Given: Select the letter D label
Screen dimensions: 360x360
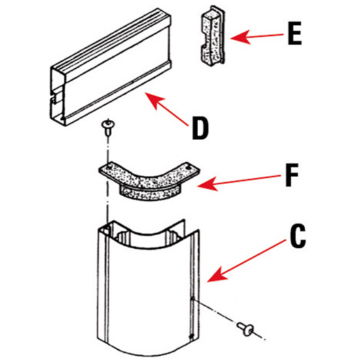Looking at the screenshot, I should click(x=200, y=128).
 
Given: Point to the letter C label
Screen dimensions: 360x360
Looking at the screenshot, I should click(x=297, y=238).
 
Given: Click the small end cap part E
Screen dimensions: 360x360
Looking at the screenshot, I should click(x=213, y=39).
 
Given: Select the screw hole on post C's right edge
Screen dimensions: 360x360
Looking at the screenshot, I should click(x=192, y=303).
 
